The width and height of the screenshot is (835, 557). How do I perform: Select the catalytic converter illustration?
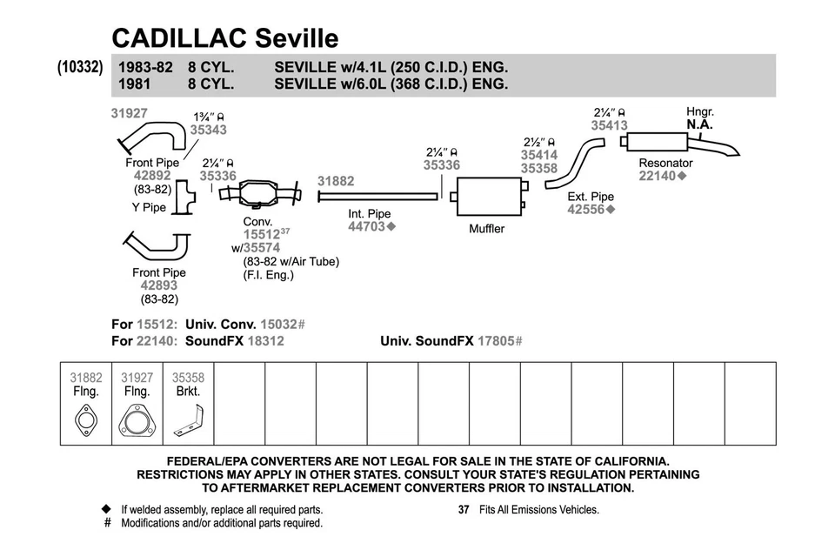click(261, 192)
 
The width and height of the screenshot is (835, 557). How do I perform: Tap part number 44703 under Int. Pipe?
click(367, 227)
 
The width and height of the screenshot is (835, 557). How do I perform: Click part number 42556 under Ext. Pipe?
click(587, 210)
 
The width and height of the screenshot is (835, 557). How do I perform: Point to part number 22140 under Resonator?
click(659, 176)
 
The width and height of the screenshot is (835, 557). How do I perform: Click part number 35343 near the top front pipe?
click(208, 130)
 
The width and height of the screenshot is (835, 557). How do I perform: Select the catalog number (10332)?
click(81, 67)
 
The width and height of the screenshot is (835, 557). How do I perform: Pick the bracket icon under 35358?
click(188, 424)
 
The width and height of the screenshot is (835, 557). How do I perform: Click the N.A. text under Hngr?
click(699, 124)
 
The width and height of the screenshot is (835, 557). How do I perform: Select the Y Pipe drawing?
click(185, 197)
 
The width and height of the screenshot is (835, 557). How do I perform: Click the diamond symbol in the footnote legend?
click(107, 509)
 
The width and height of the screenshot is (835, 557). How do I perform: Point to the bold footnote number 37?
click(464, 509)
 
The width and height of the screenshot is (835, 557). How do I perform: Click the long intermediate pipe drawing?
click(377, 197)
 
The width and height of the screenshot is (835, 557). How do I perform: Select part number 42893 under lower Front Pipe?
click(158, 285)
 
